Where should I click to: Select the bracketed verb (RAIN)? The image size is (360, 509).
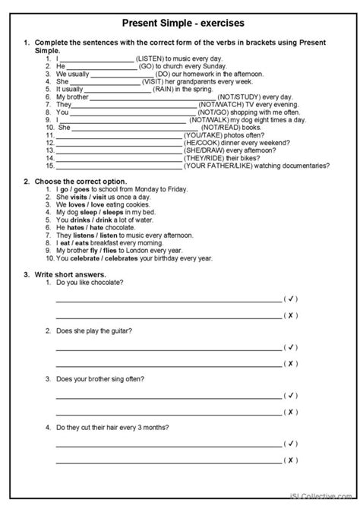coord(166,88)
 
